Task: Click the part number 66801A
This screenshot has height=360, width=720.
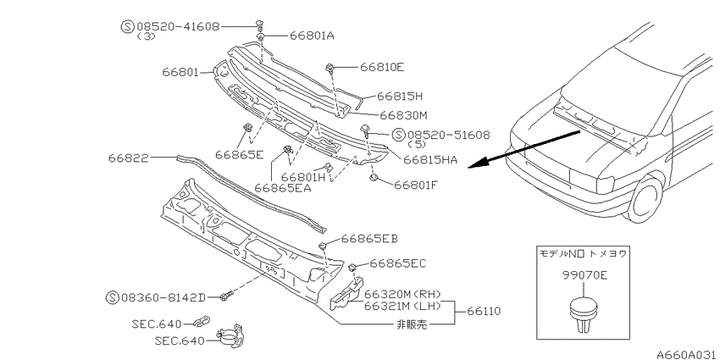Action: pyautogui.click(x=312, y=36)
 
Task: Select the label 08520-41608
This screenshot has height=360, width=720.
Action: pyautogui.click(x=178, y=26)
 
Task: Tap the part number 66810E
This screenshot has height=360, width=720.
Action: pyautogui.click(x=382, y=68)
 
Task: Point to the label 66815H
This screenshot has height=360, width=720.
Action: pyautogui.click(x=400, y=97)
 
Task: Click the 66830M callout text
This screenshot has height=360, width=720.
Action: pyautogui.click(x=403, y=115)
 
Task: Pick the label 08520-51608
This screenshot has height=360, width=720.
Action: pyautogui.click(x=449, y=135)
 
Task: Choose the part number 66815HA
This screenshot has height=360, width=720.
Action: pyautogui.click(x=430, y=160)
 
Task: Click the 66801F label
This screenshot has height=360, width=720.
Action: pyautogui.click(x=416, y=185)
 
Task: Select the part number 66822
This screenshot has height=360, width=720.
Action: pyautogui.click(x=129, y=158)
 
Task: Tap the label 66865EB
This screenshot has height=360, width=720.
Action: pyautogui.click(x=369, y=239)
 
